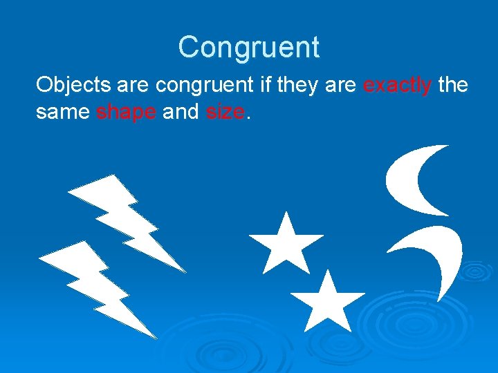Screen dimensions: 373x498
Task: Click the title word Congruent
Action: (248, 48)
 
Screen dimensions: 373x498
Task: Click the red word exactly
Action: (398, 86)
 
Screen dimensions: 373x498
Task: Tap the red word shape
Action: (126, 112)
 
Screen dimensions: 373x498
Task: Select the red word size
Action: (225, 112)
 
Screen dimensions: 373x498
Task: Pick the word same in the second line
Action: (62, 112)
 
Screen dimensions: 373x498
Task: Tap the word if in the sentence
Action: (266, 86)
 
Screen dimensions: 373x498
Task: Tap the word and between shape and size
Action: (181, 112)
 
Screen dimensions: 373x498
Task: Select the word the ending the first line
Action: (453, 86)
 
